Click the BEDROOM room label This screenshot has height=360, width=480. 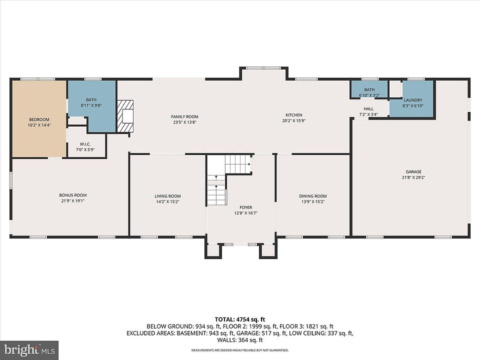tap(39, 119)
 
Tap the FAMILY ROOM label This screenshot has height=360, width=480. tap(184, 116)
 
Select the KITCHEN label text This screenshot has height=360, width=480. tap(294, 115)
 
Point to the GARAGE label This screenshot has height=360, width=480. tap(413, 171)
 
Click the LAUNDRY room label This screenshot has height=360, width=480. tap(413, 100)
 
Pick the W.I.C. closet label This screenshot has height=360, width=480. tap(85, 144)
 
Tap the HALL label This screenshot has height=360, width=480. tap(368, 108)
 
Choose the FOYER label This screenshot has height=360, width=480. tap(246, 207)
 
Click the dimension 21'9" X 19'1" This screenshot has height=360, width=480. tap(73, 201)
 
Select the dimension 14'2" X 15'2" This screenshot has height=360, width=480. tap(168, 201)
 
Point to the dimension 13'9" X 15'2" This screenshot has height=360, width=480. tap(313, 201)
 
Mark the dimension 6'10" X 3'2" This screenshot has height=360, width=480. tap(369, 95)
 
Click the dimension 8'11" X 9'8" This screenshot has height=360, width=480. tap(91, 105)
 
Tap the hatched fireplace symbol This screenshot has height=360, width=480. tap(125, 116)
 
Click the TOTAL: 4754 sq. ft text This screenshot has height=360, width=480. tap(240, 320)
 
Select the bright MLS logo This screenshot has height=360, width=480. tap(29, 350)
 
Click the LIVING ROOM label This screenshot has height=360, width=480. tap(168, 196)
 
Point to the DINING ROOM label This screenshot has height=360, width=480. tap(313, 196)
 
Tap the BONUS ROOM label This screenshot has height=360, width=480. tap(73, 195)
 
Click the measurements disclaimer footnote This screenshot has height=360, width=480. tap(240, 350)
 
